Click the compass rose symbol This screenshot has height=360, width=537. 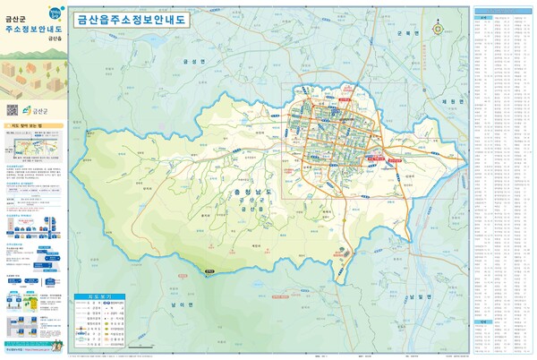pyautogui.click(x=438, y=27)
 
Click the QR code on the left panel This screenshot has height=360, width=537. pyautogui.click(x=13, y=109)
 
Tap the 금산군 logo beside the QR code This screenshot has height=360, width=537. pyautogui.click(x=40, y=110)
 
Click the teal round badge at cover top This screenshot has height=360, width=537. pyautogui.click(x=55, y=11)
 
